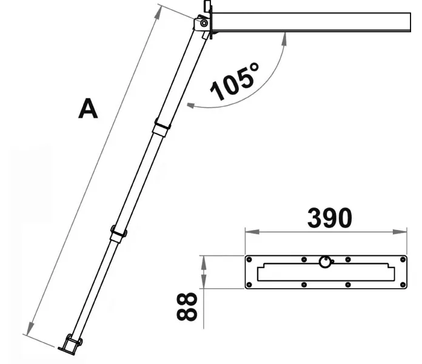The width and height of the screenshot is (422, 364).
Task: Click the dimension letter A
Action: tap(88, 109)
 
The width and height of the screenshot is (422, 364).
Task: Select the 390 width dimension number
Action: tap(330, 218)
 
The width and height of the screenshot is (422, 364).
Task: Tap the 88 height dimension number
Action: tap(187, 306)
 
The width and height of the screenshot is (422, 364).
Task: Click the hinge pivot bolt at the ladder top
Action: tap(204, 23)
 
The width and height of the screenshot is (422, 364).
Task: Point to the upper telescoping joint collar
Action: tap(162, 127)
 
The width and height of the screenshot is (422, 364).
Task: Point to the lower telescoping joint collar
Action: tap(119, 233)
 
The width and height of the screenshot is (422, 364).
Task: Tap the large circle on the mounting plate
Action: tap(325, 261)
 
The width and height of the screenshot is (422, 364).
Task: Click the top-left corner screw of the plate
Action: tap(249, 260)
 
